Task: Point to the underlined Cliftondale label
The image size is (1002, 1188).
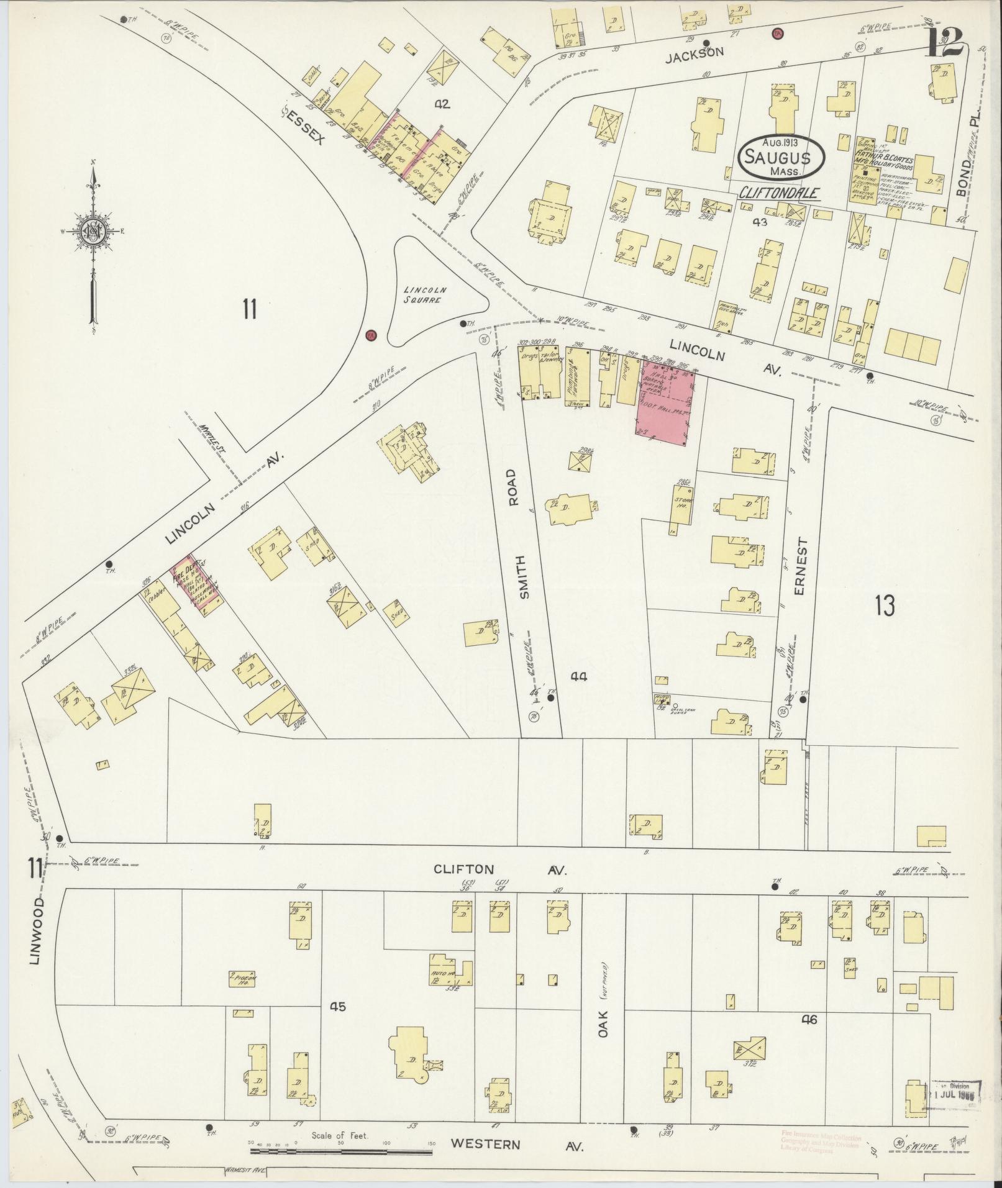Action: [x=778, y=194]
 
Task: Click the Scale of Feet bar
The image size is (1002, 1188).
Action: [x=340, y=1151]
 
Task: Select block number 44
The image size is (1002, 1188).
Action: [x=578, y=676]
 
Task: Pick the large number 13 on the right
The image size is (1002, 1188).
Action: [x=885, y=604]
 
